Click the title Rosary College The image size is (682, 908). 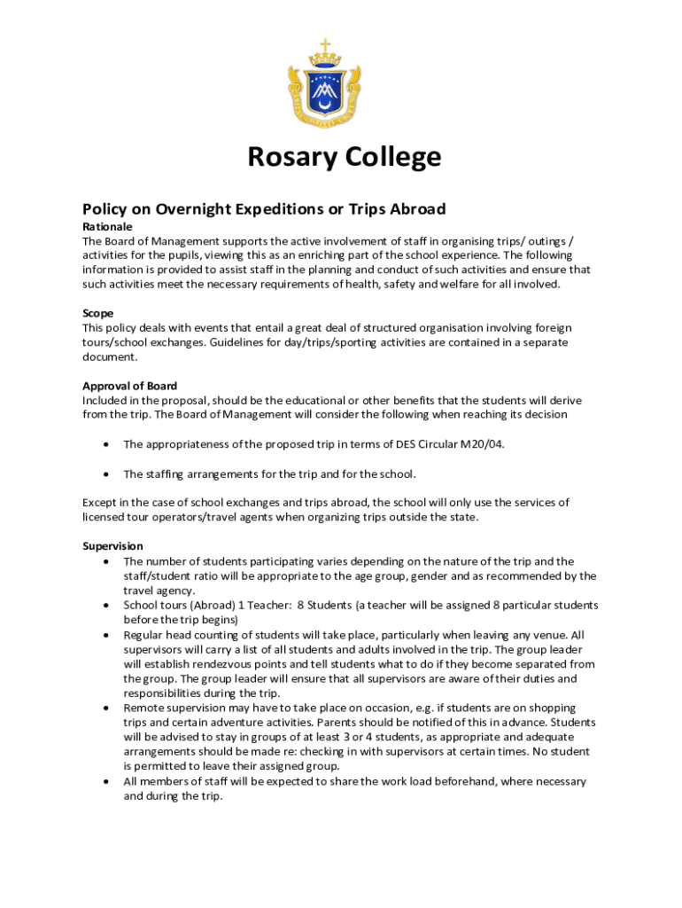(344, 158)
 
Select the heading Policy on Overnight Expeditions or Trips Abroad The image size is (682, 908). (264, 209)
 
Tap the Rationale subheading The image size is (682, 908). (107, 226)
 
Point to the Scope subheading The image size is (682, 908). (97, 313)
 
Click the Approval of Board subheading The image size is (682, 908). (129, 386)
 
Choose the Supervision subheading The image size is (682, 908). (112, 546)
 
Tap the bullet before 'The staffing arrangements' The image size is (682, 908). (106, 474)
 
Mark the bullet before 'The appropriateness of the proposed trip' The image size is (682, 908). (106, 444)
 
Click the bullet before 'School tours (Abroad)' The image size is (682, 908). (106, 606)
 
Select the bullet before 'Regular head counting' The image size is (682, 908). (106, 635)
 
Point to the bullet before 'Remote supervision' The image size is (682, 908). (106, 708)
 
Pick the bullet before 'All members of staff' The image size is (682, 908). (106, 782)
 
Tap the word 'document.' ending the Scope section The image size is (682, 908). (111, 356)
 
